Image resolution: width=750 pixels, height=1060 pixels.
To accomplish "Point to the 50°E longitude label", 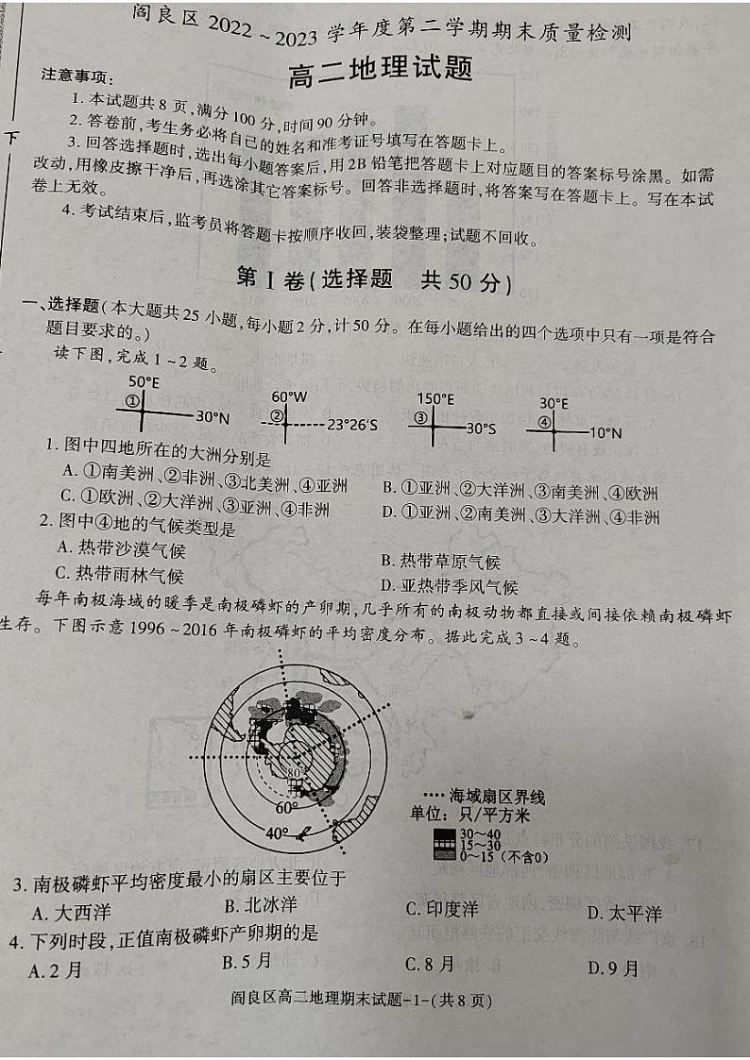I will click(144, 382).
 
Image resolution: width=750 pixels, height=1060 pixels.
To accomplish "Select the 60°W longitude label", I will click(289, 397).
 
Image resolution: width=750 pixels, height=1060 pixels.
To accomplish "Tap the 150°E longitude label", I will click(436, 399).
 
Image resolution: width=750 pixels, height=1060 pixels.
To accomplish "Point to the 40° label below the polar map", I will click(275, 833).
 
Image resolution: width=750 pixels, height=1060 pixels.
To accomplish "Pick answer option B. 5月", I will click(247, 962).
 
